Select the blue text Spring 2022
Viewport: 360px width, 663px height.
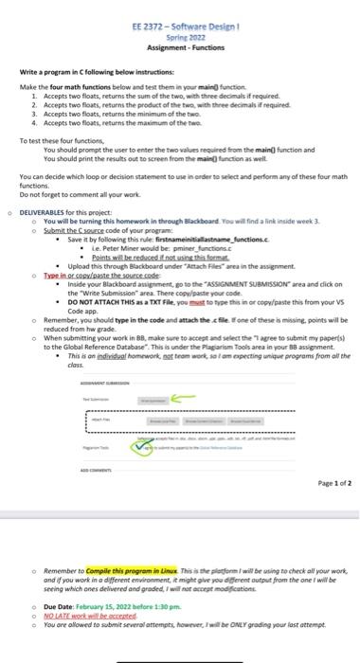coord(179,36)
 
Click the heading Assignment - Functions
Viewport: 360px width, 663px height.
coord(179,45)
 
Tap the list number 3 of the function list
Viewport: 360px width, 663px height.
coord(34,112)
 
